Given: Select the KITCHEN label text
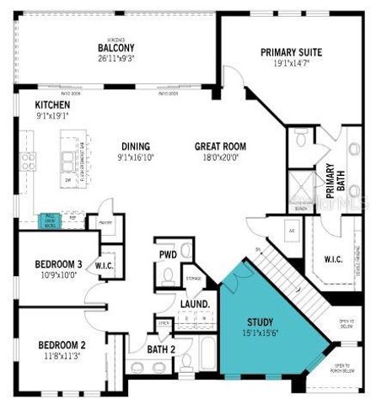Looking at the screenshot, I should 29,105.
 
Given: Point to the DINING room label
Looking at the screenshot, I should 135,146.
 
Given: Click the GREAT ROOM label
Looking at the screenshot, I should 220,146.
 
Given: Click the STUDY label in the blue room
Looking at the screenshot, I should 259,322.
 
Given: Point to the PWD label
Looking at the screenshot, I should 166,253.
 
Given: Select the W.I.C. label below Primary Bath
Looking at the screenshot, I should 334,259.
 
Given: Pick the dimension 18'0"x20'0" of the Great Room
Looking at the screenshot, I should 220,157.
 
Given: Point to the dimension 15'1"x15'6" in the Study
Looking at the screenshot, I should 259,333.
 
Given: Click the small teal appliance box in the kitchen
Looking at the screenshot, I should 50,221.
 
